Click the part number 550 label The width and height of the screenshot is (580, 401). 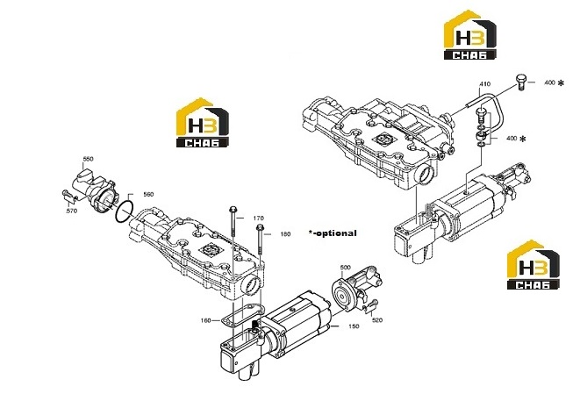[x=88, y=159]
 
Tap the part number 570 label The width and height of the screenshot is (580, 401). [x=71, y=211]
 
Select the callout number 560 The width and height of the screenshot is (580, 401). [x=148, y=195]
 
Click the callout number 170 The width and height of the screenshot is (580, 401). [x=259, y=218]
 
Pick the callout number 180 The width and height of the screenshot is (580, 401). [x=285, y=234]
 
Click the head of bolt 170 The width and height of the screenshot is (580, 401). [x=233, y=210]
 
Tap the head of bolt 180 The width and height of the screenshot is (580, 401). [x=260, y=227]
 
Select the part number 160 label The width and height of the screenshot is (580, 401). [x=205, y=320]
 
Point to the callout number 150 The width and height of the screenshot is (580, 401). [x=354, y=326]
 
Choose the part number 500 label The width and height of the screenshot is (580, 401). [x=345, y=268]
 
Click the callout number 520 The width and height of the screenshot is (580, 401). [x=377, y=320]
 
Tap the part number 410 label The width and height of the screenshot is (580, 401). [x=485, y=84]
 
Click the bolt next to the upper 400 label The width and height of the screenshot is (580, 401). [x=520, y=82]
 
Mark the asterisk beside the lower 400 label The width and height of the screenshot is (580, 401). [x=523, y=140]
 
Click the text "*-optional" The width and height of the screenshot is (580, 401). [x=333, y=233]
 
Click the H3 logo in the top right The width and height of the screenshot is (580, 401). [x=470, y=35]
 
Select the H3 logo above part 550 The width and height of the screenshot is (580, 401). [x=203, y=123]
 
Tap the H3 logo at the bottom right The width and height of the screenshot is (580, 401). [x=533, y=264]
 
